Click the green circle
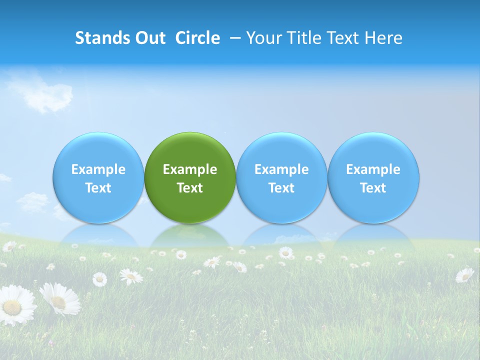click(190, 177)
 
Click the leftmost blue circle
click(98, 177)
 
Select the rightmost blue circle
click(373, 177)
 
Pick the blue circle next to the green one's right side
click(281, 177)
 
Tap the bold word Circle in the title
click(197, 38)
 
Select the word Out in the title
click(149, 38)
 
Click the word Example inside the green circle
click(190, 169)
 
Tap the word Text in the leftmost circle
click(98, 188)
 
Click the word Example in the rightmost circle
click(373, 169)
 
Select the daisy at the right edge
click(464, 274)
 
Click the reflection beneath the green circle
click(190, 235)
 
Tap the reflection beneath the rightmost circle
click(373, 235)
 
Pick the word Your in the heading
click(262, 38)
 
